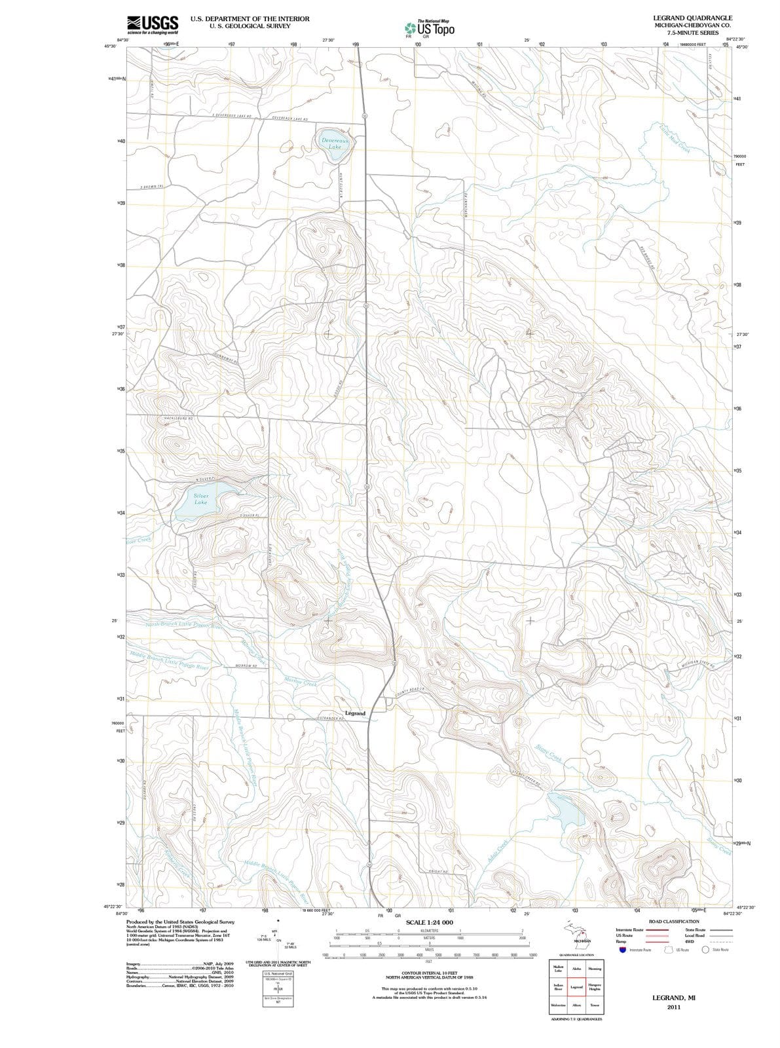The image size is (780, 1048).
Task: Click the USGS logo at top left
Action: tap(152, 24)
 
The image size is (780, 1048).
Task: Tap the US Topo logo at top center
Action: tap(430, 29)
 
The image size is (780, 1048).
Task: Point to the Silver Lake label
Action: tap(200, 498)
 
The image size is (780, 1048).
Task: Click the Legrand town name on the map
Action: tap(355, 713)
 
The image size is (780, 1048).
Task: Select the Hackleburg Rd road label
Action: tap(176, 418)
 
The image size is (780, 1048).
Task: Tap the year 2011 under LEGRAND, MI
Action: tap(674, 1007)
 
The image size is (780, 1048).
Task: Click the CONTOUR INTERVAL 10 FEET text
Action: tap(429, 973)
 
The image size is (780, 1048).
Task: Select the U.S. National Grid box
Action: tap(278, 974)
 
